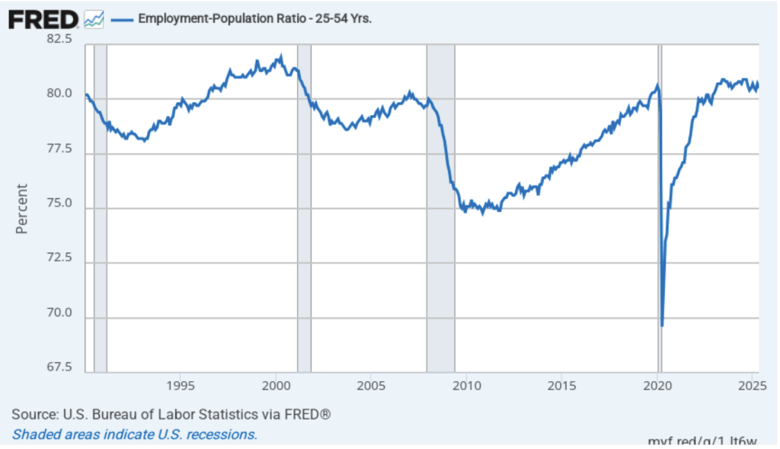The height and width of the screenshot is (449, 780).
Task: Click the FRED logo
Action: [x=43, y=18]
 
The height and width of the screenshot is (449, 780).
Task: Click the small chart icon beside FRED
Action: [x=94, y=18]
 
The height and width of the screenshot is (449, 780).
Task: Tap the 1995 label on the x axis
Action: [x=179, y=384]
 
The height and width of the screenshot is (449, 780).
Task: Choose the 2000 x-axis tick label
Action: [x=274, y=384]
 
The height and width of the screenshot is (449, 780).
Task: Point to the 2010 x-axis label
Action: [x=465, y=384]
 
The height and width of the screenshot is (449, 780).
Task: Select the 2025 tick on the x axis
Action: [x=753, y=384]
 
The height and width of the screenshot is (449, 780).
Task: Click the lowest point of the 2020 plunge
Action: [x=662, y=326]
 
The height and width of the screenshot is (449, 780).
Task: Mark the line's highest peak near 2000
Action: [x=281, y=56]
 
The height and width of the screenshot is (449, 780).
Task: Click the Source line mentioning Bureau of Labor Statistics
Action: [x=171, y=415]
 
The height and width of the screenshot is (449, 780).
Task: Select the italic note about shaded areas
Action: [x=134, y=435]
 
